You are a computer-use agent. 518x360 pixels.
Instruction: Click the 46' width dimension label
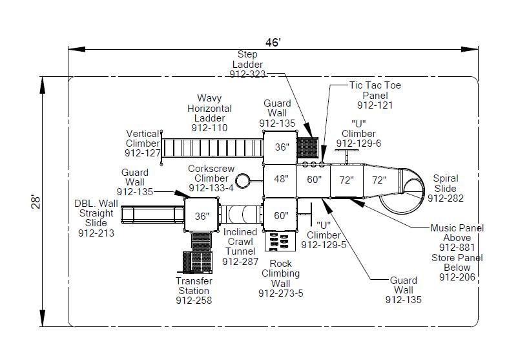click(x=273, y=43)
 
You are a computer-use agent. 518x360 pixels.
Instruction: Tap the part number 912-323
click(x=247, y=74)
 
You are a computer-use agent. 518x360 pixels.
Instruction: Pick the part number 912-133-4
click(x=211, y=188)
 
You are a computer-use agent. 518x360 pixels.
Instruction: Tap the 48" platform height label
click(x=282, y=179)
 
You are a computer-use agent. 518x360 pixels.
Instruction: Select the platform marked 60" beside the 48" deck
click(x=314, y=180)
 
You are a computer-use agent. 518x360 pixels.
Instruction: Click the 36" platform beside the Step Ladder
click(x=282, y=147)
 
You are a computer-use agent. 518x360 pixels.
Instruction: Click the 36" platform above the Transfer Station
click(x=202, y=217)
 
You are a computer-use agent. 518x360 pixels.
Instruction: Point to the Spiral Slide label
click(x=446, y=184)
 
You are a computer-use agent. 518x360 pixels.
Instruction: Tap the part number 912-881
click(x=457, y=248)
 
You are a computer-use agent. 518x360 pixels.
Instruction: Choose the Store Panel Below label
click(x=457, y=262)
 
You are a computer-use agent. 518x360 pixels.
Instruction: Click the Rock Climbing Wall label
click(x=280, y=273)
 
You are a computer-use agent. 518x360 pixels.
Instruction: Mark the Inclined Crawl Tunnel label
click(x=240, y=242)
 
